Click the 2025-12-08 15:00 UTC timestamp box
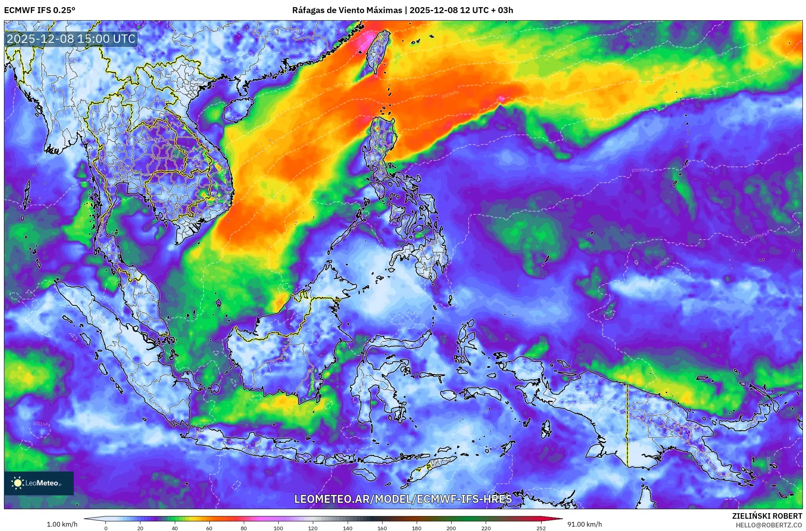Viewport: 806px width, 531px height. [x=71, y=39]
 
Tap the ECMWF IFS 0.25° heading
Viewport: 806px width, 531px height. [x=40, y=10]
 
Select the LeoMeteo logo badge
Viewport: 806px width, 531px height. [x=39, y=483]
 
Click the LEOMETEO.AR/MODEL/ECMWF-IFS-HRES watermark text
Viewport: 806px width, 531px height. [x=403, y=499]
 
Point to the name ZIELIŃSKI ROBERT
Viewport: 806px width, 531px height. [x=767, y=516]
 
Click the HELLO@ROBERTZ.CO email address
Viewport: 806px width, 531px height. [x=769, y=525]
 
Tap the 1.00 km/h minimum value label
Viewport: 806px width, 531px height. [x=62, y=524]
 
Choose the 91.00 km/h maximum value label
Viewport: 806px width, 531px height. [x=584, y=524]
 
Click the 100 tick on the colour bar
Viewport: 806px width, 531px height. [x=278, y=528]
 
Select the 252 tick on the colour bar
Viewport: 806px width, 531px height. [x=541, y=528]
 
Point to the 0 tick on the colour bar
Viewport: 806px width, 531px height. [x=106, y=528]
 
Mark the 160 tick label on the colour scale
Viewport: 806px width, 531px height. [x=382, y=528]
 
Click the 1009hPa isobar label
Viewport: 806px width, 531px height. [x=640, y=170]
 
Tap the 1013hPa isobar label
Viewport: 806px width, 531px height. [x=718, y=56]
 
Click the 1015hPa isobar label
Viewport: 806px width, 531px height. [x=450, y=94]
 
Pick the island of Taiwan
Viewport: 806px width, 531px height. [x=377, y=52]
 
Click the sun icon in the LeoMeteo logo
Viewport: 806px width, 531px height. [x=18, y=483]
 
